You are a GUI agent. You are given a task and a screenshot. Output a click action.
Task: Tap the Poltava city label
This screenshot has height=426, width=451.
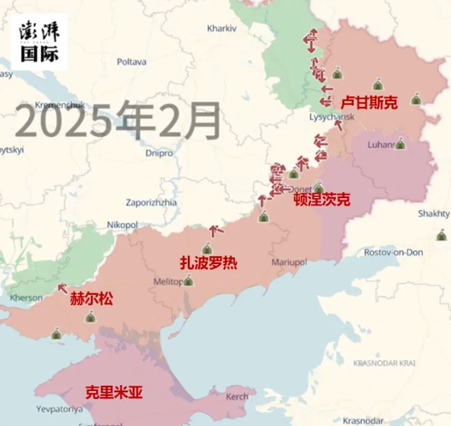tap(131, 62)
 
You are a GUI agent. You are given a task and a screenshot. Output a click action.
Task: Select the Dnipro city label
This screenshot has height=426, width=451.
tap(159, 153)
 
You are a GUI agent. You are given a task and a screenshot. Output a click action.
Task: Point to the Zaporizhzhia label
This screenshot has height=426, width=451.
tap(151, 202)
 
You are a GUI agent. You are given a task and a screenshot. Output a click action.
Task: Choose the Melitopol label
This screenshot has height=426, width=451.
tap(168, 282)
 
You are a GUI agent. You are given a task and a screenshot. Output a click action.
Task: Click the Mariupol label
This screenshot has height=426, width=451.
tap(289, 261)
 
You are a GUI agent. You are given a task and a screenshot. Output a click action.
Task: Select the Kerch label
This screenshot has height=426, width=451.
tap(236, 396)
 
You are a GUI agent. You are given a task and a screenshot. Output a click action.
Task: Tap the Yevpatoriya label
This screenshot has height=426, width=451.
tap(59, 409)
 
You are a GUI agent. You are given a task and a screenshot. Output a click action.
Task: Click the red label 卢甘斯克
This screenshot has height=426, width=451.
tap(369, 102)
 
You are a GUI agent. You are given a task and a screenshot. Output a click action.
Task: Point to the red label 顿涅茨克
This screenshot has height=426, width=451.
tap(322, 200)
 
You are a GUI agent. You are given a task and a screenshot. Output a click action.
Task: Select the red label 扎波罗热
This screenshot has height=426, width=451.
tap(208, 263)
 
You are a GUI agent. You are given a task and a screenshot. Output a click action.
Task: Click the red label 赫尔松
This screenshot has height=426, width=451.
tap(92, 298)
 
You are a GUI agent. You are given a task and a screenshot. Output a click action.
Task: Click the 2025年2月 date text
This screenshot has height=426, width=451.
tap(118, 120)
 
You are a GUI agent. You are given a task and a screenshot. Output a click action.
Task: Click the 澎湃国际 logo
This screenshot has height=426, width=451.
tap(39, 42)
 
